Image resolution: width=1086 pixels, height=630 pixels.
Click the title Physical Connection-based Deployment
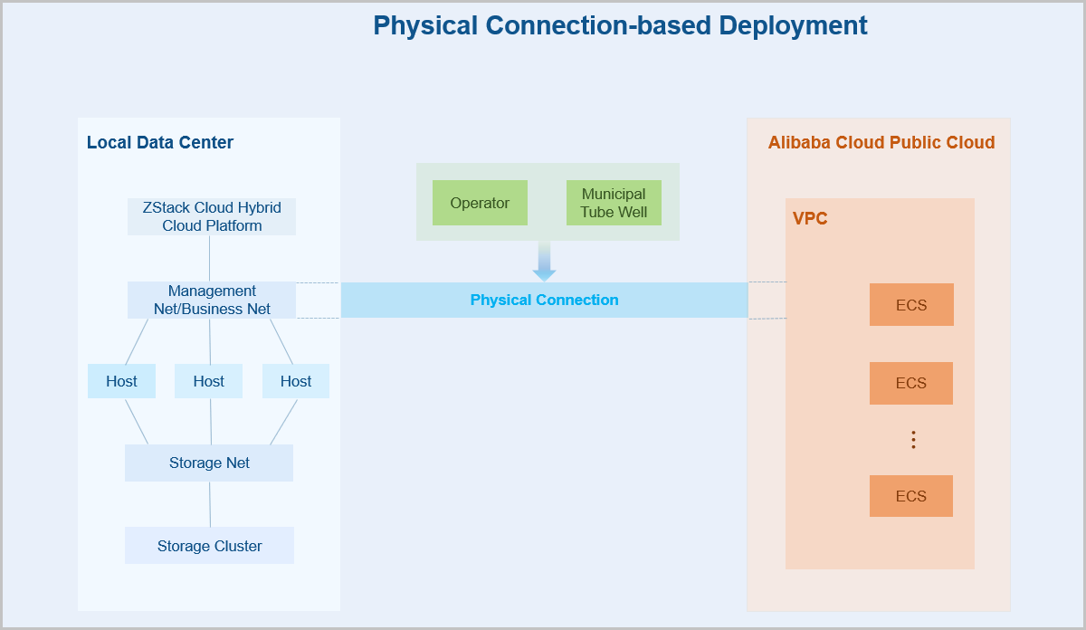click(x=620, y=25)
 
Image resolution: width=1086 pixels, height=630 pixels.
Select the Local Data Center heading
click(x=160, y=143)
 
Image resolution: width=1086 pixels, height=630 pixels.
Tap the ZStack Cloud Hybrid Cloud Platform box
click(x=212, y=217)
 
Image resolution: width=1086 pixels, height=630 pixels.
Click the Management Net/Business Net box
click(x=212, y=300)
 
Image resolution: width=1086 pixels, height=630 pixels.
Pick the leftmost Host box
click(x=121, y=381)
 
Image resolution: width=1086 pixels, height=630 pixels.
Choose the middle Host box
click(x=208, y=381)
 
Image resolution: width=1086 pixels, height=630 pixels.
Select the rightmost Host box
click(x=295, y=381)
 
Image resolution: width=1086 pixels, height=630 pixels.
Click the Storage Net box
click(x=209, y=463)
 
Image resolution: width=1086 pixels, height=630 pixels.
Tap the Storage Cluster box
click(x=209, y=546)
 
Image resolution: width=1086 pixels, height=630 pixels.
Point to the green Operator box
click(x=480, y=203)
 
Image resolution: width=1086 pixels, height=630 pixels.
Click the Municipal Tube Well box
click(x=614, y=203)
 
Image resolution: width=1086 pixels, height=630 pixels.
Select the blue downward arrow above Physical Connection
click(x=544, y=262)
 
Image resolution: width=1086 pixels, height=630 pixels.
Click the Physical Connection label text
click(x=544, y=301)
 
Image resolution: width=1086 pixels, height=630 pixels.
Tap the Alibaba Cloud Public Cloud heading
click(x=881, y=143)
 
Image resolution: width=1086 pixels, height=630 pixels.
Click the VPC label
click(x=810, y=219)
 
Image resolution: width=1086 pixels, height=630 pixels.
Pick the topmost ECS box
click(x=911, y=305)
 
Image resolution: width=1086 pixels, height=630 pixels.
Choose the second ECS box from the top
click(x=911, y=383)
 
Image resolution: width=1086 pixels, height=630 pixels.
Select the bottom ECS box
click(x=911, y=496)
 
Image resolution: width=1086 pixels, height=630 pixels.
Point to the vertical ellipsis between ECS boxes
click(x=913, y=440)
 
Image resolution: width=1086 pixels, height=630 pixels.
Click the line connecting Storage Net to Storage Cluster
click(x=210, y=504)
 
